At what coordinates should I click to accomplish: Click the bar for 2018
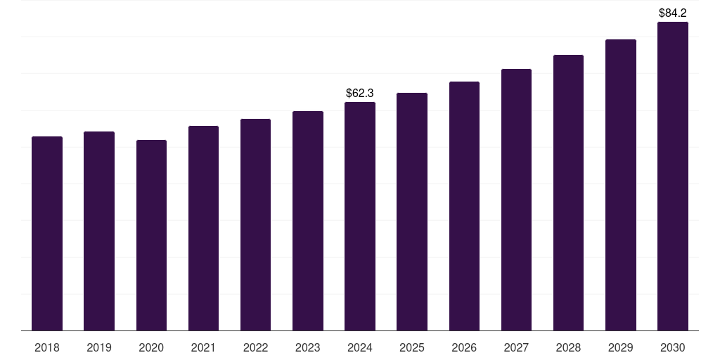pos(47,233)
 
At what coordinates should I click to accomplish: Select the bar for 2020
pos(151,236)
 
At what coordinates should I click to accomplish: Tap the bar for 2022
pos(255,225)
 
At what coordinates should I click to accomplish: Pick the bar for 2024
pos(360,217)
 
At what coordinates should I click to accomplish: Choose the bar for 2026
pos(464,206)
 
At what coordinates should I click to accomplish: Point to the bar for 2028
pos(568,193)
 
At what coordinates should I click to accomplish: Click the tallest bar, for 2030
pos(673,176)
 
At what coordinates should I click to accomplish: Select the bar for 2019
pos(99,231)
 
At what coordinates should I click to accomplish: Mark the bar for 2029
pos(621,185)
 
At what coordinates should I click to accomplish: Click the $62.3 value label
pos(360,93)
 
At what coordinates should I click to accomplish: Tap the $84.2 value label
pos(673,13)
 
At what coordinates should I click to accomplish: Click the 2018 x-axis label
pos(47,347)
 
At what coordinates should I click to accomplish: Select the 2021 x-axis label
pos(203,347)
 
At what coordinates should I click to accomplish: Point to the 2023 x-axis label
pos(308,347)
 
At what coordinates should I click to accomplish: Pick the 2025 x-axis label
pos(412,347)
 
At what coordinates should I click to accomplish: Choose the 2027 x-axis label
pos(516,347)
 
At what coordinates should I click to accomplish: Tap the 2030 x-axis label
pos(673,347)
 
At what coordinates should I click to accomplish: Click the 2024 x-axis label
pos(360,347)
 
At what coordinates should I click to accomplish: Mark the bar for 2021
pos(203,229)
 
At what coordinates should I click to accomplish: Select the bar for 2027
pos(516,200)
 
